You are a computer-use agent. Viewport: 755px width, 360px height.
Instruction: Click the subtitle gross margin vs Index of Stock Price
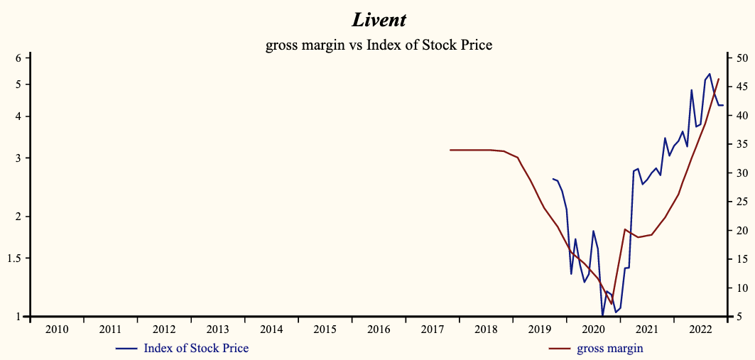[379, 45]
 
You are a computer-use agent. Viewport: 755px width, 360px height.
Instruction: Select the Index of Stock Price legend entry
[196, 348]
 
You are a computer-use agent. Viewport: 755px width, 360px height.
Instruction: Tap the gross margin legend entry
[609, 348]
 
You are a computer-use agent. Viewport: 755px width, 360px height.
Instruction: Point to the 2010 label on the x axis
[57, 329]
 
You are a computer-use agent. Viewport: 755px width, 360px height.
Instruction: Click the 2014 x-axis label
[271, 329]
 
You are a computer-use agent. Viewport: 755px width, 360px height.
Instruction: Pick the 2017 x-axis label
[433, 329]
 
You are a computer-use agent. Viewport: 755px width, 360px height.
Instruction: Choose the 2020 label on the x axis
[593, 329]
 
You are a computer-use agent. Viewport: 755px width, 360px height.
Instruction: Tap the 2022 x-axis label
[700, 329]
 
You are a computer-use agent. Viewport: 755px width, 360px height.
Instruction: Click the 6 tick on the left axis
[19, 58]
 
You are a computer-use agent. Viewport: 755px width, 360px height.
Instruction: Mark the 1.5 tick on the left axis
[16, 258]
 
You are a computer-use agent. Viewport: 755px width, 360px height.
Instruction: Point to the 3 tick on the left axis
[19, 158]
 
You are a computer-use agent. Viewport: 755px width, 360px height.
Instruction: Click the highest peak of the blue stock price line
[710, 74]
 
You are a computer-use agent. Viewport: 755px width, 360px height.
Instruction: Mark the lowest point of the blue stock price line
[602, 315]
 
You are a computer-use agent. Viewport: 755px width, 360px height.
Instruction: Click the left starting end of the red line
[450, 150]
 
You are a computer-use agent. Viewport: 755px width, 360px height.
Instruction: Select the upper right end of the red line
[719, 79]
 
